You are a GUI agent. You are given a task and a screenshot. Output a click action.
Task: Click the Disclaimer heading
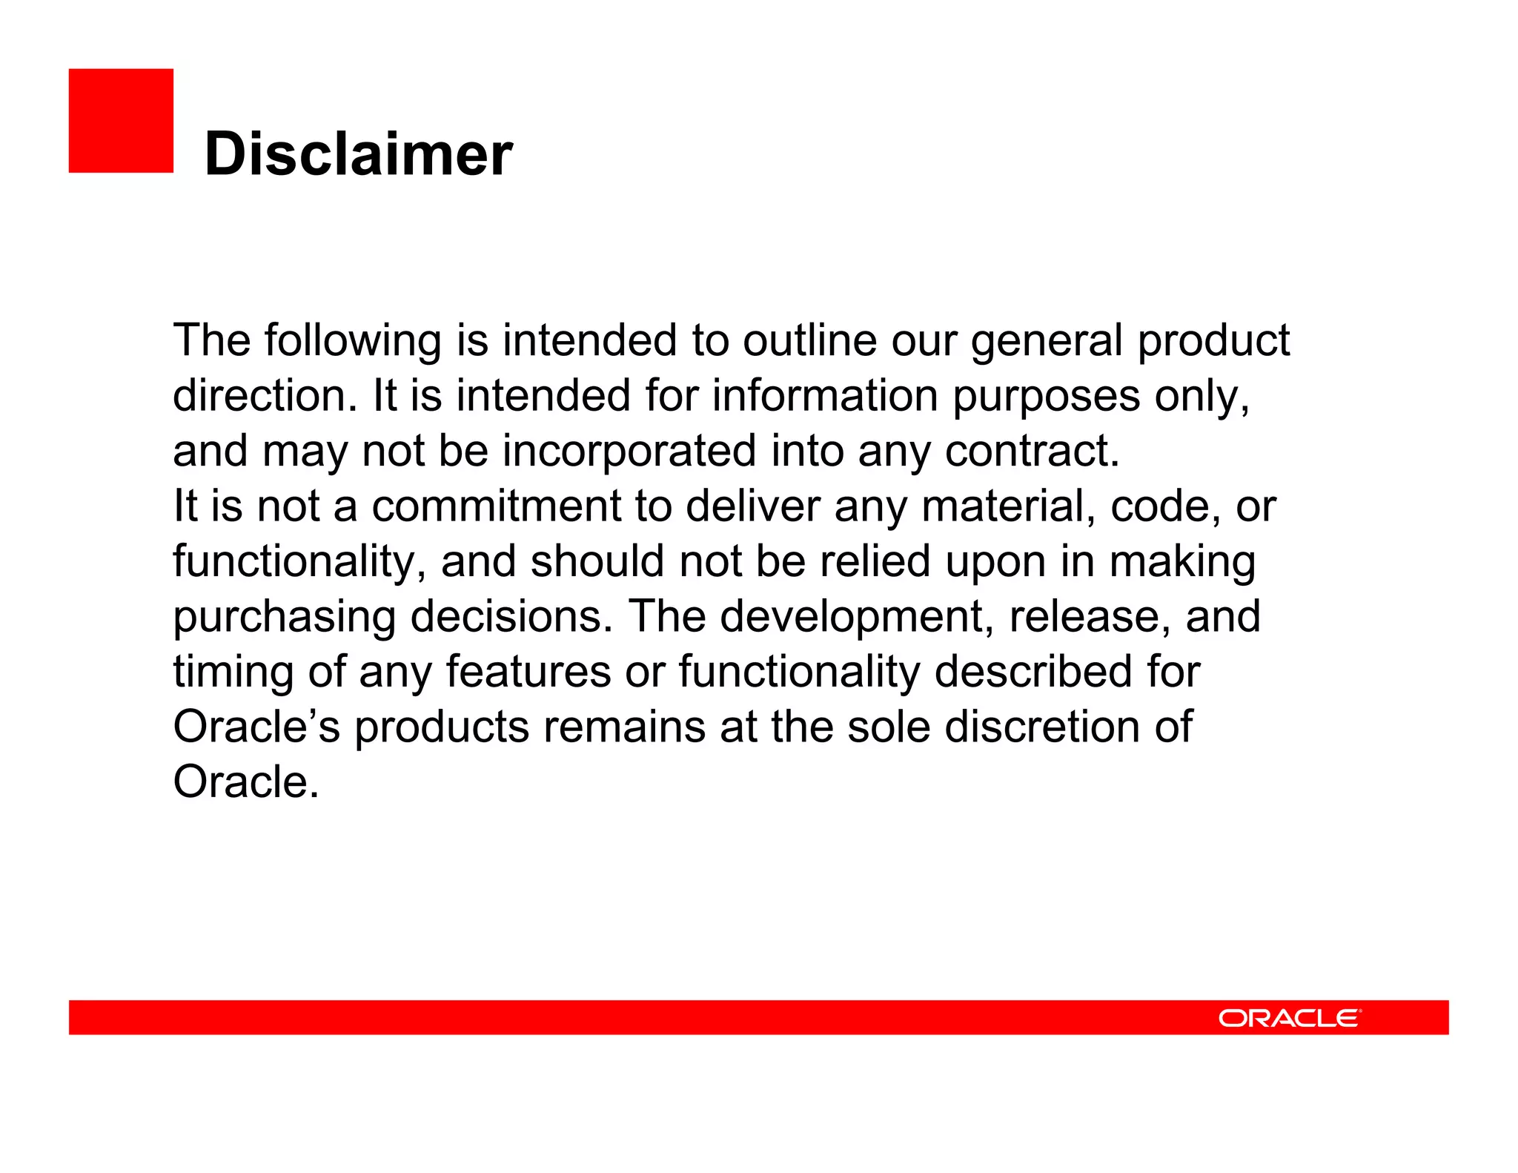tap(358, 153)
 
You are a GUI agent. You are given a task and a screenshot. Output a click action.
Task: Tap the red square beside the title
tap(121, 121)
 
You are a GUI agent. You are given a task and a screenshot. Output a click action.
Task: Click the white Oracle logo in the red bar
tap(1289, 1018)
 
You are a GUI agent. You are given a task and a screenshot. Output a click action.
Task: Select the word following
tap(353, 341)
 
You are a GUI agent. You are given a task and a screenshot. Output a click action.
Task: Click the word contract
tap(1032, 451)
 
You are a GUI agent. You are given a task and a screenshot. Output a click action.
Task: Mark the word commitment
tap(496, 506)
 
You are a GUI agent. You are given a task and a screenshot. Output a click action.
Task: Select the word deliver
tap(752, 506)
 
